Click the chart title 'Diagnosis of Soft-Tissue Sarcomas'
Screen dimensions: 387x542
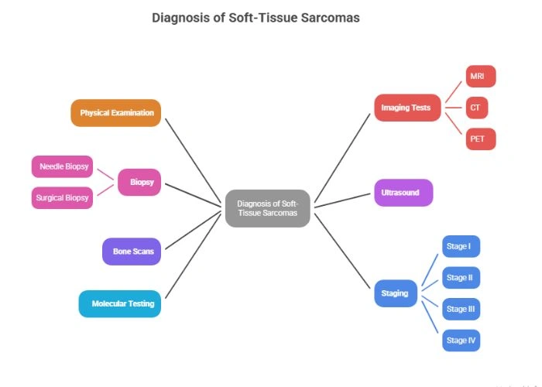coord(256,17)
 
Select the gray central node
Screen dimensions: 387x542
coord(267,208)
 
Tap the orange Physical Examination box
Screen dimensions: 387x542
coord(116,113)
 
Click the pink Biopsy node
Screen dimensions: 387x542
coord(141,183)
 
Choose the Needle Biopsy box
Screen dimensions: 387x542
coord(64,166)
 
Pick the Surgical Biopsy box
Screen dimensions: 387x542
coord(62,197)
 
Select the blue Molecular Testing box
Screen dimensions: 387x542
coord(122,303)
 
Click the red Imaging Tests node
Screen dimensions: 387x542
coord(406,108)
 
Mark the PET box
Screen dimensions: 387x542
coord(479,139)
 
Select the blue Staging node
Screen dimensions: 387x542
coord(395,293)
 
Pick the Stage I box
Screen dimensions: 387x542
coord(460,246)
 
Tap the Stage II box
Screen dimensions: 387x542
coord(460,277)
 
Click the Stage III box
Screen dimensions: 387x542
coord(461,309)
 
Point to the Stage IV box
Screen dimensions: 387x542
coord(460,341)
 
